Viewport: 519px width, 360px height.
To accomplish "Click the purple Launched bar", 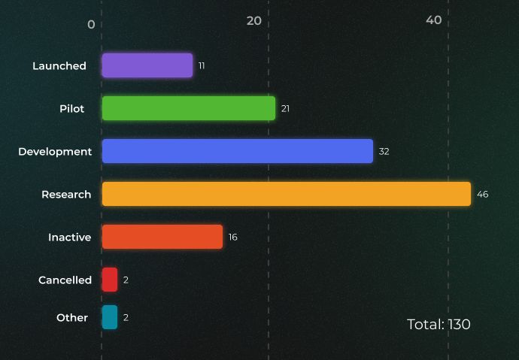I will (x=147, y=65).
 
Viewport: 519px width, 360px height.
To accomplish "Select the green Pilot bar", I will (x=189, y=108).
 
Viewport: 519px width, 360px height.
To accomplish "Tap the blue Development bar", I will (x=238, y=151).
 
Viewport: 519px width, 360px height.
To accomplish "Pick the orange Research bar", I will (x=287, y=194).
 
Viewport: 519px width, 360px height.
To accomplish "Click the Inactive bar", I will (x=162, y=237).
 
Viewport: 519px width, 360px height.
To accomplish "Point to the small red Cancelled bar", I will (x=110, y=280).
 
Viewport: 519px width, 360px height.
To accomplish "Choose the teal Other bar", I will (x=110, y=317).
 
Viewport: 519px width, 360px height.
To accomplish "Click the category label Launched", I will (x=59, y=66).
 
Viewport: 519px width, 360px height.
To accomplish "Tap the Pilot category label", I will (x=72, y=109).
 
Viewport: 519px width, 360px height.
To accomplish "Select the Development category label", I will (x=55, y=152).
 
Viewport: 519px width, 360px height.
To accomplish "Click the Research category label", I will (x=66, y=195).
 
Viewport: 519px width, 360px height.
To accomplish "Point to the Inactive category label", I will (x=70, y=237).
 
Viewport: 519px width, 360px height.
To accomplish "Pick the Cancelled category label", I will (x=65, y=280).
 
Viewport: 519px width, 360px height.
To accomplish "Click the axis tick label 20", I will (x=254, y=20).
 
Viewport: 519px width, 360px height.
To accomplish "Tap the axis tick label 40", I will (x=434, y=20).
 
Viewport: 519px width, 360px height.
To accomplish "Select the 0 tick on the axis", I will (x=91, y=24).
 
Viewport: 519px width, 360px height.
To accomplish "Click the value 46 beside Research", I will (x=482, y=195).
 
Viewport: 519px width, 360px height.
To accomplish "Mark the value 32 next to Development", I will (x=384, y=152).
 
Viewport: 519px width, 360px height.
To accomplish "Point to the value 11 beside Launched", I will (x=202, y=66).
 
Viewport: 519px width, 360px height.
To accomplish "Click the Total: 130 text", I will (x=439, y=325).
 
